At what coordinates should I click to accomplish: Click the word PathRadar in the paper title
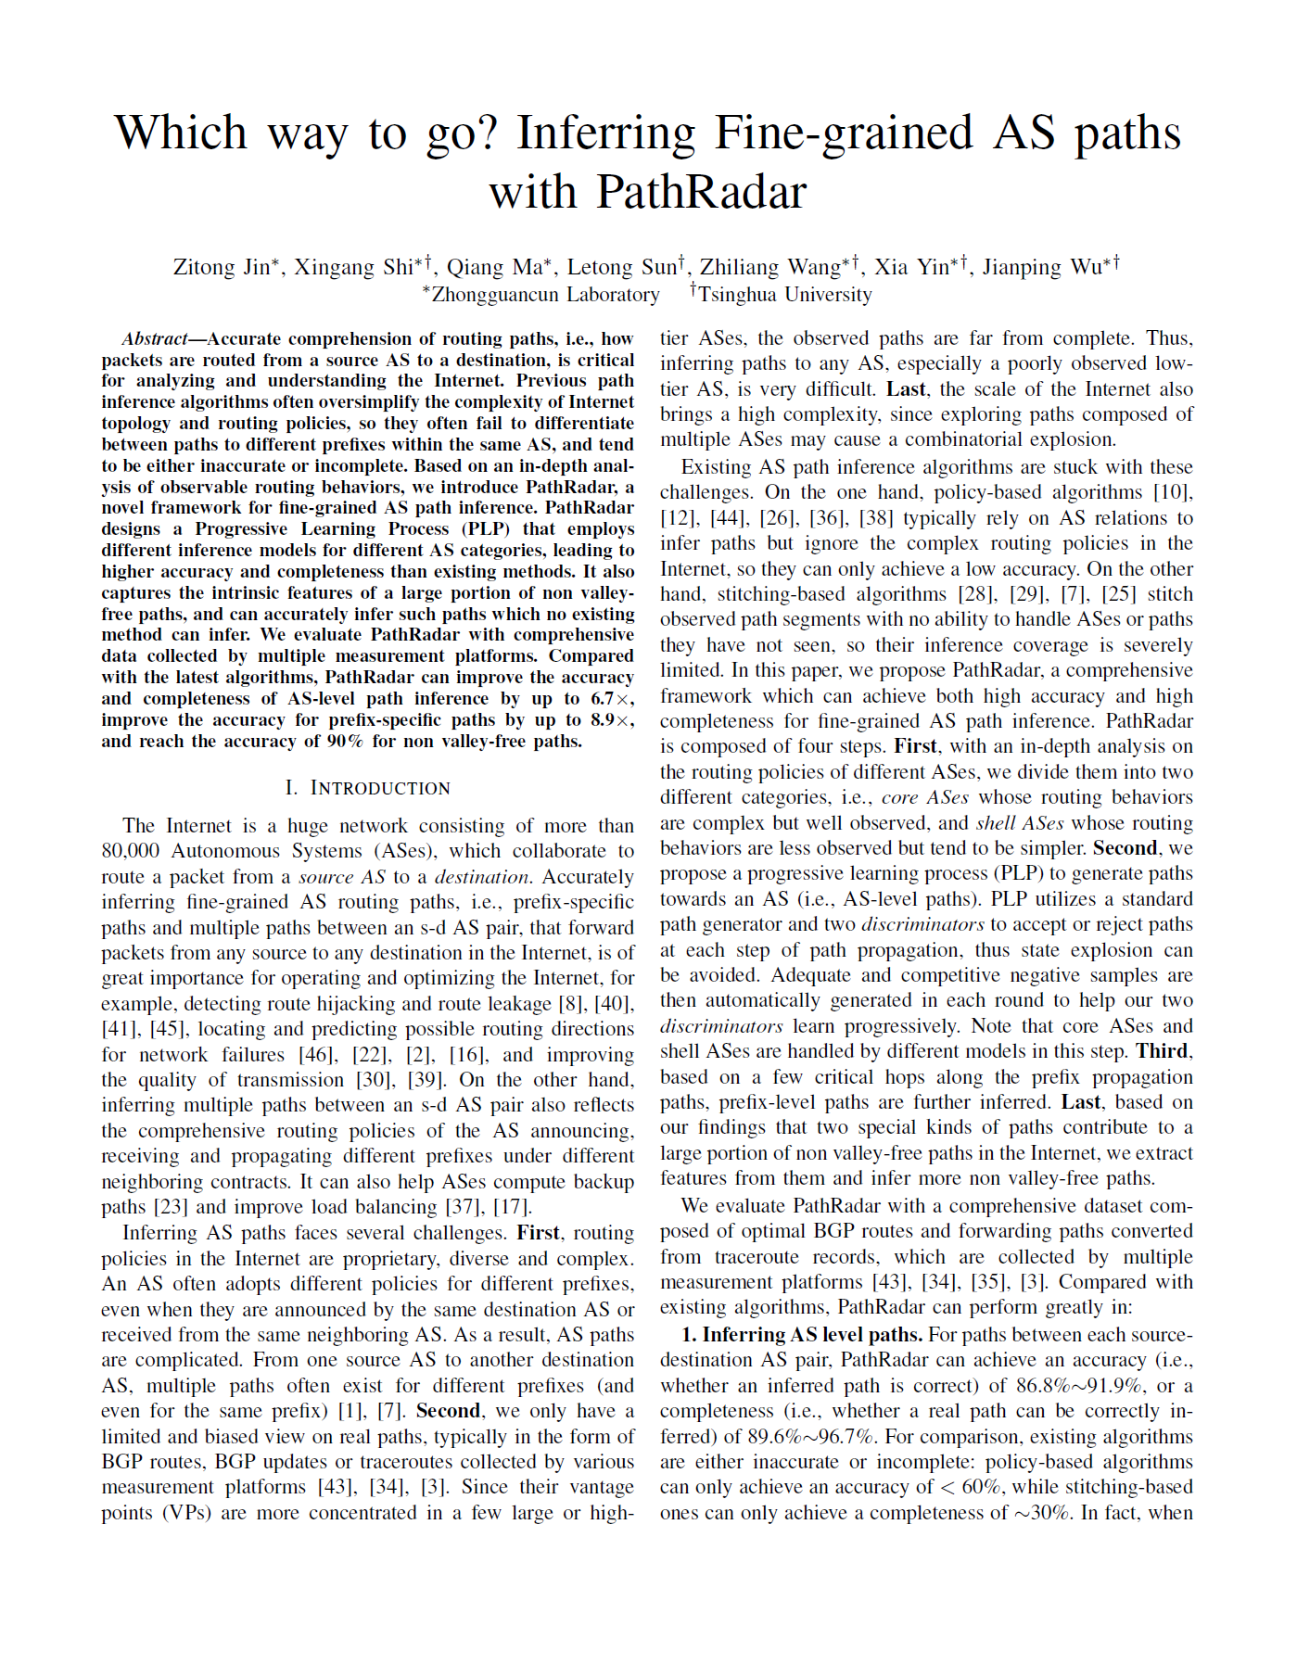(701, 192)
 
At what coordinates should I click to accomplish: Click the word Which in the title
(181, 133)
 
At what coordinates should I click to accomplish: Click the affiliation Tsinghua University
(784, 295)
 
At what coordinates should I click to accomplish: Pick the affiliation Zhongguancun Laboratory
(545, 295)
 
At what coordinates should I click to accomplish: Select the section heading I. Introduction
(367, 788)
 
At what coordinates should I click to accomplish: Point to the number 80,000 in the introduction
(130, 851)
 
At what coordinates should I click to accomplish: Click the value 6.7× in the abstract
(609, 699)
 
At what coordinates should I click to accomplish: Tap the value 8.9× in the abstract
(609, 720)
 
